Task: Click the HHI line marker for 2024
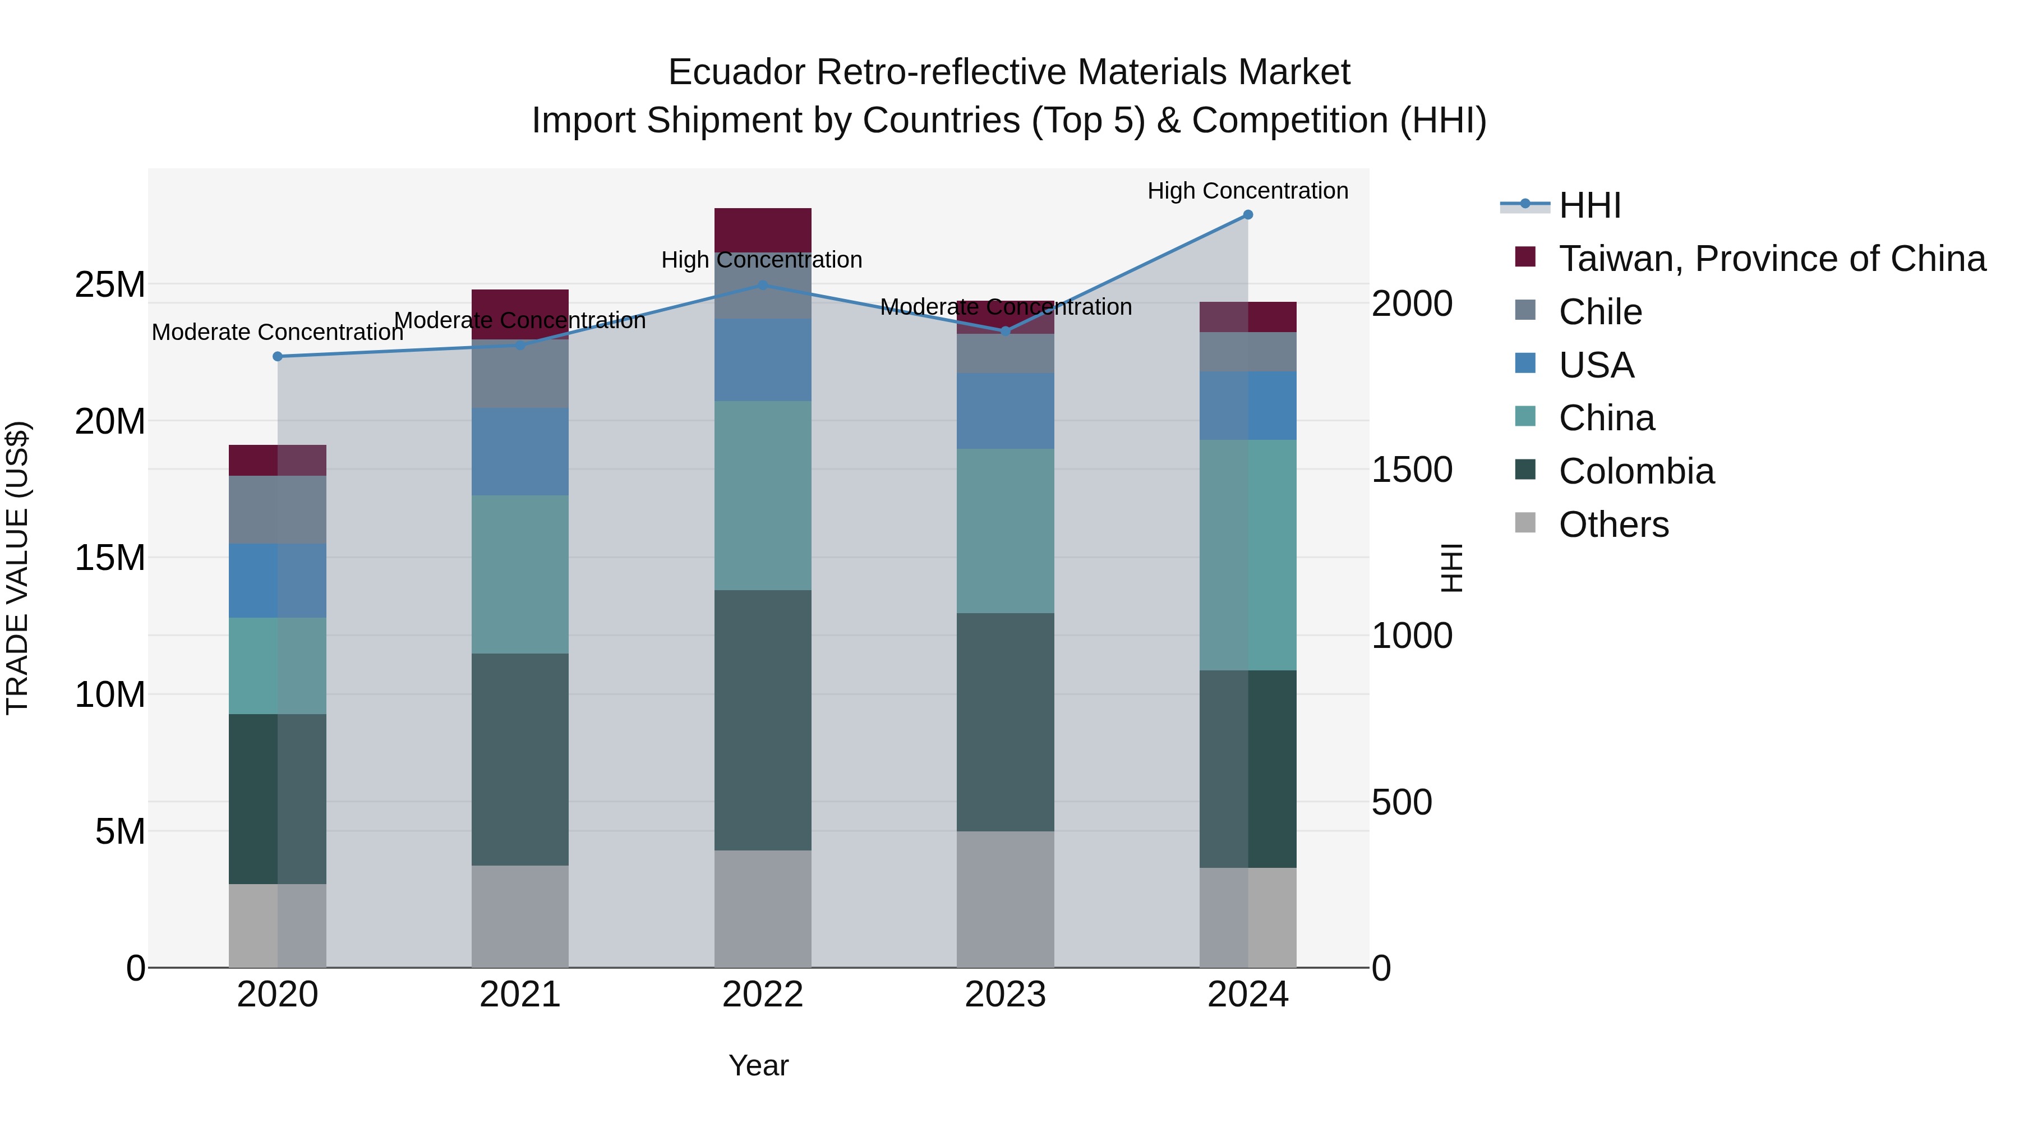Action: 1248,215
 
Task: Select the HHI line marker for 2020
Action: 278,357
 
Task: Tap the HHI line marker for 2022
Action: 763,286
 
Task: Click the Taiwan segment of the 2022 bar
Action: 763,229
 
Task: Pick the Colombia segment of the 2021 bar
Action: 520,759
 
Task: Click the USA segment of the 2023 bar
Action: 1005,411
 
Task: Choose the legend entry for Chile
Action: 1599,312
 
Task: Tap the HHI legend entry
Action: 1589,205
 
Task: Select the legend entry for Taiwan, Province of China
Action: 1771,259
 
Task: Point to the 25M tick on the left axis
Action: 110,284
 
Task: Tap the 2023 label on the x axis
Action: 1005,995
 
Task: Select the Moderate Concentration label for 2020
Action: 278,333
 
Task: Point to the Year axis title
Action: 758,1065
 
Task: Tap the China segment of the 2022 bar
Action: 763,495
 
